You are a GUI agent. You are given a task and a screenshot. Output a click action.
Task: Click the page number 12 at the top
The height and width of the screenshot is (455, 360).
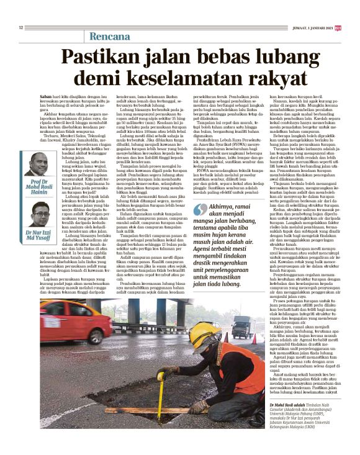[21, 27]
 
